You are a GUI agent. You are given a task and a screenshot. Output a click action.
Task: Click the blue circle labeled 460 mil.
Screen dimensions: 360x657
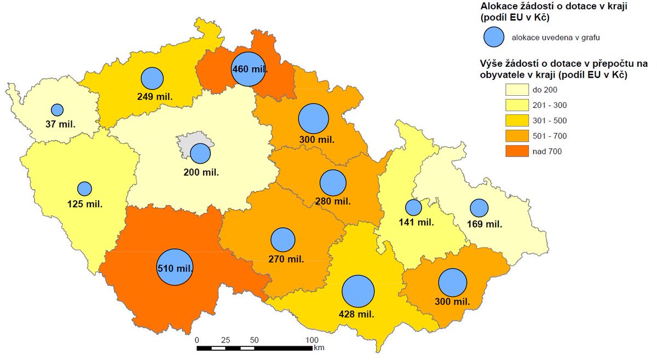click(x=248, y=69)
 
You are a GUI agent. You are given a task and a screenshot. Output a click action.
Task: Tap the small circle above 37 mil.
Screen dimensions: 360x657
click(x=57, y=109)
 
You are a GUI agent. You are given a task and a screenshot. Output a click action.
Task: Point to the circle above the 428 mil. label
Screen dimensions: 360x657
click(x=358, y=291)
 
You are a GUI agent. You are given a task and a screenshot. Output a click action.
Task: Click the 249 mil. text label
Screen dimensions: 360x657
click(x=155, y=96)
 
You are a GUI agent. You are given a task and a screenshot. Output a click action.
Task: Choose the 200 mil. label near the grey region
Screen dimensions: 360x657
click(x=201, y=172)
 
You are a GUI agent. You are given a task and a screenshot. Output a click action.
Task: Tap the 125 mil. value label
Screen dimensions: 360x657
click(x=85, y=205)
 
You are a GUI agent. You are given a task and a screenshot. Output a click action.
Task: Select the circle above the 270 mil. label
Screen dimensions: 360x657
click(x=283, y=240)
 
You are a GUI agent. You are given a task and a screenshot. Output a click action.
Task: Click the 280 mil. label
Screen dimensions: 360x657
click(x=333, y=201)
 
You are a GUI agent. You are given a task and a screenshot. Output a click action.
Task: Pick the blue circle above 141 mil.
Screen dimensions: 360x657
click(x=413, y=207)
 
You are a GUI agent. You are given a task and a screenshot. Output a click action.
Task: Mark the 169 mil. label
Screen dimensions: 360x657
click(x=484, y=223)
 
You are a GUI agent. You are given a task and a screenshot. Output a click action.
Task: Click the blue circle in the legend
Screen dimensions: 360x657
click(x=494, y=37)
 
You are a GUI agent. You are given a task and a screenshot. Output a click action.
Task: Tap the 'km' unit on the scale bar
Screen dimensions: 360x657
click(x=319, y=347)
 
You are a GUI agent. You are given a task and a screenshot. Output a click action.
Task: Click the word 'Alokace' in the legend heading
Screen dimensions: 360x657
click(x=499, y=6)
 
